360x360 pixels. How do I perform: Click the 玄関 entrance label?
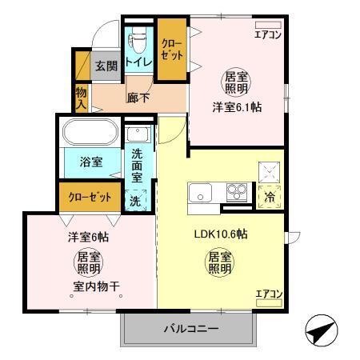pyautogui.click(x=106, y=66)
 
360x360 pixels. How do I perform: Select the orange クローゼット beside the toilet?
pyautogui.click(x=171, y=50)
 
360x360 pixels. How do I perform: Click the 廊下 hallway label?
pyautogui.click(x=138, y=98)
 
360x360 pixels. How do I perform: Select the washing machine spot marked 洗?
pyautogui.click(x=136, y=201)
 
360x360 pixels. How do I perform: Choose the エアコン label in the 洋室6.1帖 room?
pyautogui.click(x=267, y=34)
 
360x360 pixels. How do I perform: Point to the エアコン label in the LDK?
pyautogui.click(x=268, y=294)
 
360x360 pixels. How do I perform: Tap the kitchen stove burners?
pyautogui.click(x=238, y=192)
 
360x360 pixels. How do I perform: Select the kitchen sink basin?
pyautogui.click(x=200, y=193)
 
